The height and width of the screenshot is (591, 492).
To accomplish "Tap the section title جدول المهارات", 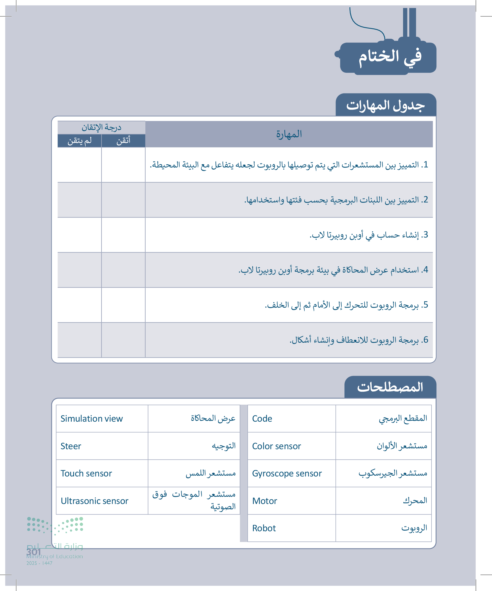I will (x=385, y=106).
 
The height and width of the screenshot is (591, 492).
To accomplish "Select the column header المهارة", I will (x=289, y=134).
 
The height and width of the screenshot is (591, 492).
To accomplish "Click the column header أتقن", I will (x=123, y=140).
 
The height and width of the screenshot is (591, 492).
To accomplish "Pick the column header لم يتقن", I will (x=79, y=140).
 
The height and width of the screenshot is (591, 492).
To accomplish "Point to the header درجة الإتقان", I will (x=101, y=127).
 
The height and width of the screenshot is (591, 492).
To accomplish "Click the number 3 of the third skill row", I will (x=426, y=235).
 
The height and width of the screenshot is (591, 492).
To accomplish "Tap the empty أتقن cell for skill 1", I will (x=123, y=165).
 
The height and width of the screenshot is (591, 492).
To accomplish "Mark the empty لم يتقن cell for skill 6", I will (x=79, y=340).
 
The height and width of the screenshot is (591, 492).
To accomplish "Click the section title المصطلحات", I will (x=390, y=387).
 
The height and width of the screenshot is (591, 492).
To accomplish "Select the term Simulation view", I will (x=92, y=419).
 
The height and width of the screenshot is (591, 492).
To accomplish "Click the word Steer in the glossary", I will (x=71, y=446).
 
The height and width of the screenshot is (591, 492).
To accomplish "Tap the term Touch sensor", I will (x=86, y=474).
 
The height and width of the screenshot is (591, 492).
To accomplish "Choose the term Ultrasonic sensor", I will (x=95, y=501).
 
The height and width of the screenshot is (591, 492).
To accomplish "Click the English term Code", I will (x=262, y=419).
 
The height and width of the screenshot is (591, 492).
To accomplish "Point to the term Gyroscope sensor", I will (x=287, y=474).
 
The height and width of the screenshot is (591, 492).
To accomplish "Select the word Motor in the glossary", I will (x=265, y=501).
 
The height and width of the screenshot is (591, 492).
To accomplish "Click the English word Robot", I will (x=264, y=528).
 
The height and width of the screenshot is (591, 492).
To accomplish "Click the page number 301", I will (x=34, y=552).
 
